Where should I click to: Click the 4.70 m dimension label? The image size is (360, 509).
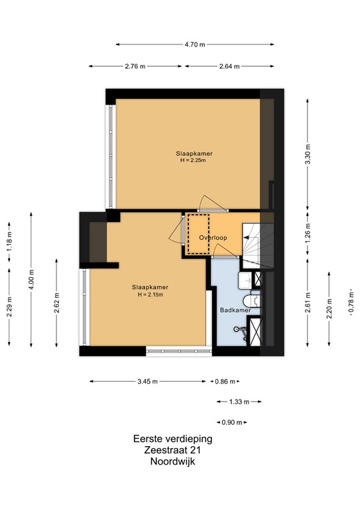point(195,44)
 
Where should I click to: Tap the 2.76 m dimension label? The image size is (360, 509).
point(135,66)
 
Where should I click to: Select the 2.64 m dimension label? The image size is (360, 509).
point(229,66)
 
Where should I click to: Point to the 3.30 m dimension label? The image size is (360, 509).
point(308,154)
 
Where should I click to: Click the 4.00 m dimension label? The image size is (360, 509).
point(31,280)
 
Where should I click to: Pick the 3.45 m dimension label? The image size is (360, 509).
point(147,382)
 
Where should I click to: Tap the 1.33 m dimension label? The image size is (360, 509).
point(239,402)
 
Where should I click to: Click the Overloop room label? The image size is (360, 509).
point(213,238)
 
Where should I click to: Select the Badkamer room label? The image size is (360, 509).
point(235,310)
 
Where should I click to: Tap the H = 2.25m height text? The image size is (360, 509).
point(193,160)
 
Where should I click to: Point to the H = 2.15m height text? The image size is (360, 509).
point(150,295)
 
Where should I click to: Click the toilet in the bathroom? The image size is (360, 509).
point(251,300)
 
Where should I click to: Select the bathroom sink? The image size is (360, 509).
point(246,280)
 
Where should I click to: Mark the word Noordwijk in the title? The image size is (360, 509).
point(172,461)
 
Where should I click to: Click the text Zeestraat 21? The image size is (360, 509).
point(172,450)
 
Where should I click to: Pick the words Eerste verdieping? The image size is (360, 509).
point(172,439)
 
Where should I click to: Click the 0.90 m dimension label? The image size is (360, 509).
point(232,423)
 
